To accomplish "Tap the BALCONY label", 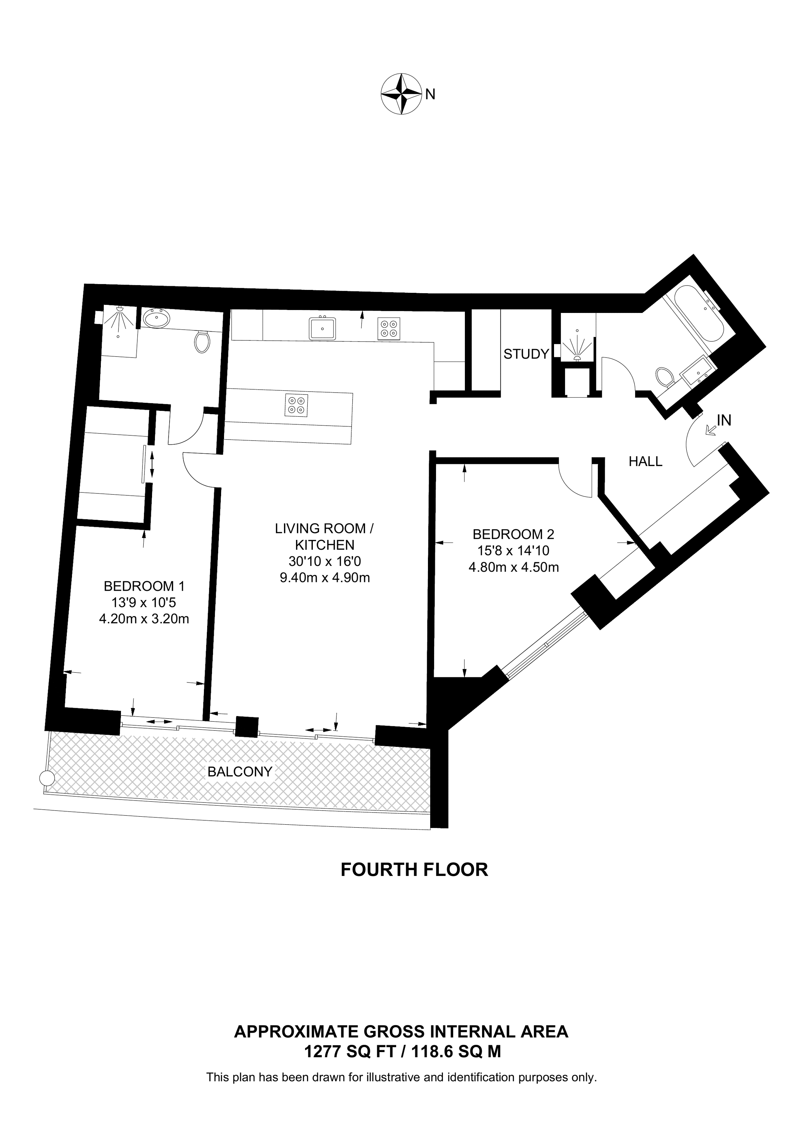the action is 240,772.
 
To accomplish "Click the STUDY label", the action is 526,354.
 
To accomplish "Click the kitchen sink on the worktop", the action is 322,328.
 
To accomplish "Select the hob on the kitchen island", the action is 297,404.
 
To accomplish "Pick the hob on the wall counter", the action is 389,328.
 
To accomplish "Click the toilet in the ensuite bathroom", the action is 202,341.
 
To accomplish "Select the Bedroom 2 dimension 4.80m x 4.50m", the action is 514,567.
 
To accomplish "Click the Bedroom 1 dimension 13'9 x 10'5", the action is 144,603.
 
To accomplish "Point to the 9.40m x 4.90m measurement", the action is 325,578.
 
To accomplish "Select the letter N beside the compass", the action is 431,94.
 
